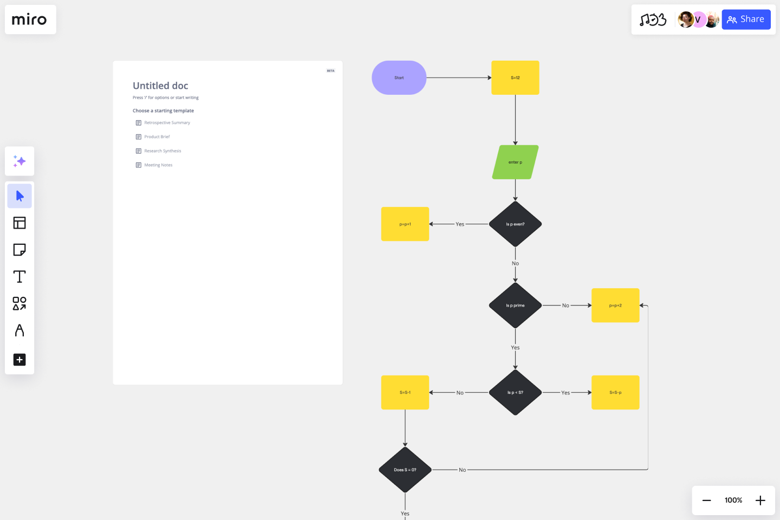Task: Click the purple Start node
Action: pyautogui.click(x=399, y=77)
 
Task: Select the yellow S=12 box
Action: pyautogui.click(x=515, y=77)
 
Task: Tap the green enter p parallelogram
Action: pyautogui.click(x=515, y=162)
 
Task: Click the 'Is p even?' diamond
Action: pyautogui.click(x=515, y=224)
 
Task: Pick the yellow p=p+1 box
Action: pyautogui.click(x=405, y=224)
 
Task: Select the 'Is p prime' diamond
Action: pyautogui.click(x=515, y=305)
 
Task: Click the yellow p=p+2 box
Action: pyautogui.click(x=615, y=305)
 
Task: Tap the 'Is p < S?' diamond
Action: pyautogui.click(x=515, y=392)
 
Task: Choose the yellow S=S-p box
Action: pyautogui.click(x=615, y=392)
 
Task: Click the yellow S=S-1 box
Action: pyautogui.click(x=405, y=392)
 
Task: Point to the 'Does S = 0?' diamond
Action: pyautogui.click(x=405, y=470)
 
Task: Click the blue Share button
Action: pyautogui.click(x=746, y=19)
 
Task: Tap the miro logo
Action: pyautogui.click(x=30, y=19)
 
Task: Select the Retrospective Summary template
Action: pyautogui.click(x=167, y=123)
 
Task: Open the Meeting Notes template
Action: pyautogui.click(x=158, y=165)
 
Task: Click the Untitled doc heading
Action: pyautogui.click(x=160, y=86)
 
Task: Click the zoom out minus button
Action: pyautogui.click(x=706, y=500)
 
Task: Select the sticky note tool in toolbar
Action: pyautogui.click(x=19, y=250)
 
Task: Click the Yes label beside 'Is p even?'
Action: pyautogui.click(x=460, y=224)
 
